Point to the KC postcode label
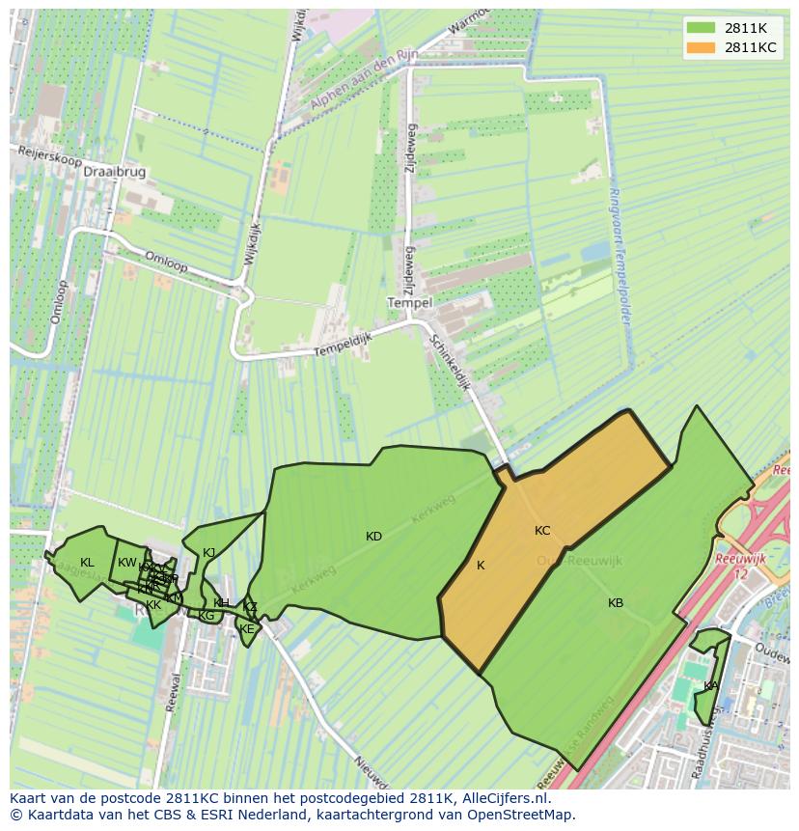(542, 531)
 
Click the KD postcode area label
(373, 537)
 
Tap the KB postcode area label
(616, 603)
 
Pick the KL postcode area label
(87, 563)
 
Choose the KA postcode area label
(710, 686)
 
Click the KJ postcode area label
(209, 553)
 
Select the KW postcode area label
(127, 563)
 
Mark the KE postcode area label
(246, 629)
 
